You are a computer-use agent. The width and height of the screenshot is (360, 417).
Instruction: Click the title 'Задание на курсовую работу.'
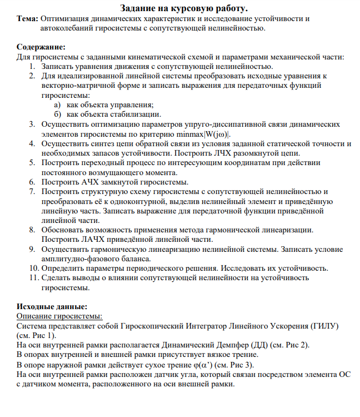click(x=184, y=8)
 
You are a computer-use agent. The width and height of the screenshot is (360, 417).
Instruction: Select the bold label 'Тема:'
click(x=27, y=18)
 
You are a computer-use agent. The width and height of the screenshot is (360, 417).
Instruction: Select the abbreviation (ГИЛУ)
click(x=324, y=325)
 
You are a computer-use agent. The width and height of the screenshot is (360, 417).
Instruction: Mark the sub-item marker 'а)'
click(x=57, y=104)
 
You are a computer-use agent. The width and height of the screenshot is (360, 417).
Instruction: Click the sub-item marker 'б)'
click(x=57, y=114)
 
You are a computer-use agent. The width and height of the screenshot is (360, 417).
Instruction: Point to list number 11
click(x=33, y=277)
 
